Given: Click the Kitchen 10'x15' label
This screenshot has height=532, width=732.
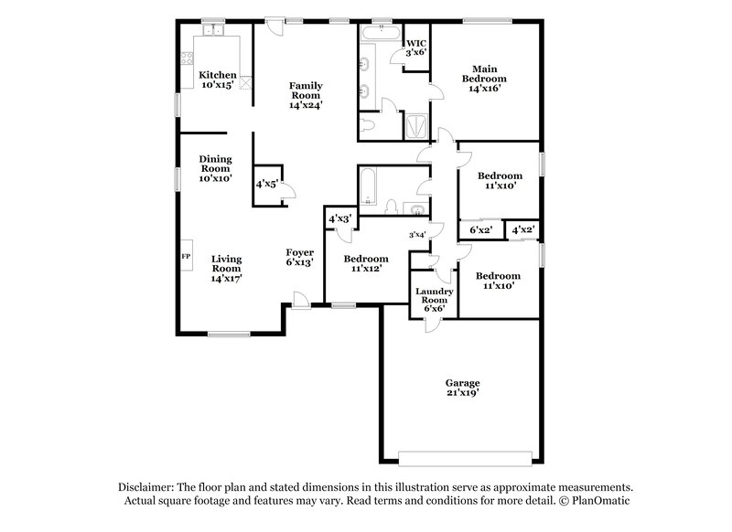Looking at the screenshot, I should (x=218, y=80).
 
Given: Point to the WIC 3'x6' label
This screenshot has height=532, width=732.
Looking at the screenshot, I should (x=415, y=48).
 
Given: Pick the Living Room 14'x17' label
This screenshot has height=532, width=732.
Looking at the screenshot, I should (x=226, y=269).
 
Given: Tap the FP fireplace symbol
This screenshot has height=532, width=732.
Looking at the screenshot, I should (x=186, y=257).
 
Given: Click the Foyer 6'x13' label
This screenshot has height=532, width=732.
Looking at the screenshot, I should (x=300, y=258).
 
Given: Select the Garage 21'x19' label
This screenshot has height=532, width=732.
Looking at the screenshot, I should (x=462, y=388).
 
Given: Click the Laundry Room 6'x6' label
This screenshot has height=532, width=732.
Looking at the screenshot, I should (x=433, y=300).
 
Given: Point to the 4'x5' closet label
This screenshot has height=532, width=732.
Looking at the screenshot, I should (x=266, y=184).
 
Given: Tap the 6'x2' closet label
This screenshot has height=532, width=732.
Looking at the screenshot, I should (x=480, y=230).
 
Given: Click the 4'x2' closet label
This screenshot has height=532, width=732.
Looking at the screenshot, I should (x=523, y=230).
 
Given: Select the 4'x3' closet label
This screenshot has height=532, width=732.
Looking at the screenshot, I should (x=339, y=219).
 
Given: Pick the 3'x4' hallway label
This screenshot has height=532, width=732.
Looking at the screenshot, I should (x=416, y=235).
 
